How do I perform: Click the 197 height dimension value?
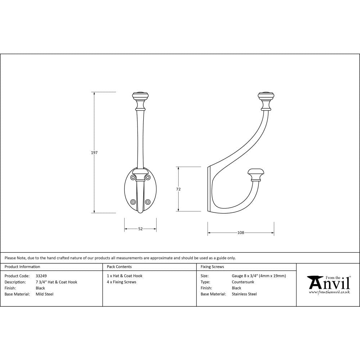coord(94,153)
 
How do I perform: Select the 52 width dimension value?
coord(140,229)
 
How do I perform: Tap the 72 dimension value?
coord(178,189)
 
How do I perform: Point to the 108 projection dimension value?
coord(240,233)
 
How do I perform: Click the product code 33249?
coord(41,276)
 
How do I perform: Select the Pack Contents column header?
coord(119,267)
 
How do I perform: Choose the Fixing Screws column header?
coord(212,267)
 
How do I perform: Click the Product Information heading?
coord(22,267)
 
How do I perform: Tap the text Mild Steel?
coord(44,294)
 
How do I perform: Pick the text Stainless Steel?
coord(244,294)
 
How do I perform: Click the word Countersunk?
coord(243,282)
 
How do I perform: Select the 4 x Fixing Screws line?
coord(121,282)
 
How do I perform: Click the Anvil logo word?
coord(329,284)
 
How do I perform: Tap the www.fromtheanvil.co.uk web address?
coord(329,292)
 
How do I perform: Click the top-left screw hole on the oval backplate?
coord(134,177)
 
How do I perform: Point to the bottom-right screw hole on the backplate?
coord(147,202)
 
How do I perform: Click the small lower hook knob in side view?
coord(256,174)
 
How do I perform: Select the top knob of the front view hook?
coord(140,97)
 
